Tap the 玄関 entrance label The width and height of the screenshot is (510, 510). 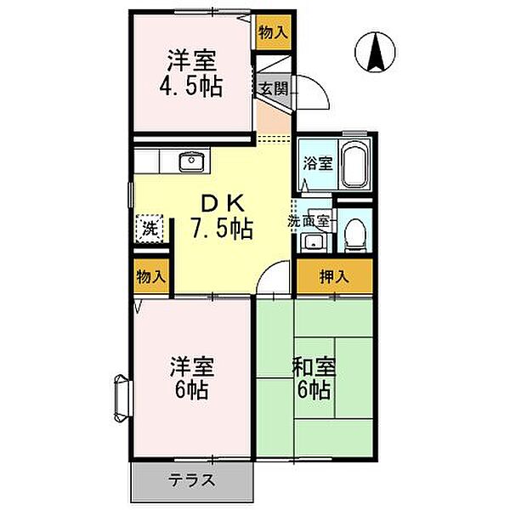click(272, 87)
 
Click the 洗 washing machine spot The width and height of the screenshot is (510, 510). click(148, 228)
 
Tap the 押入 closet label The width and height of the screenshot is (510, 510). click(334, 275)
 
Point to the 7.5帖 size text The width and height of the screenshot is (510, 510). click(224, 229)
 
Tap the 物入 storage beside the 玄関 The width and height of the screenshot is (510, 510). click(272, 32)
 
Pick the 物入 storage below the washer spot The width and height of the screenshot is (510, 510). click(150, 276)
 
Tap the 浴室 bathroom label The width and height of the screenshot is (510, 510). click(318, 164)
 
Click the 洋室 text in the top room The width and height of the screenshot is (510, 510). click(190, 61)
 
